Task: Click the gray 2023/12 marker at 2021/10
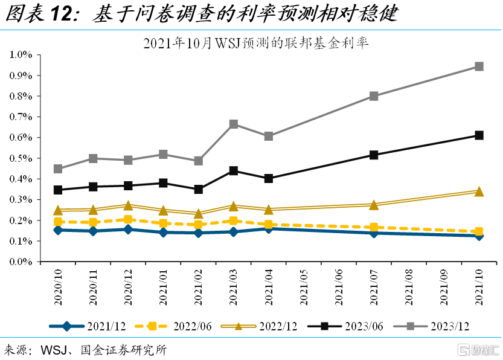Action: (479, 66)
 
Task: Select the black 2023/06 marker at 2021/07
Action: (374, 155)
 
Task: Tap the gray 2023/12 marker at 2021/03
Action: (234, 124)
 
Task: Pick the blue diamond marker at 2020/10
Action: (58, 230)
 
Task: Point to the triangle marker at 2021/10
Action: (479, 191)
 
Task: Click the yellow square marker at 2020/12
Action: (128, 220)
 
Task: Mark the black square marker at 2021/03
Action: (234, 171)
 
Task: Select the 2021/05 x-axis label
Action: (303, 287)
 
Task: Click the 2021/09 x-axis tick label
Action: (444, 287)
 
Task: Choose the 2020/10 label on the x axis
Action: (58, 287)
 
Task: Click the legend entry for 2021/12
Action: (88, 326)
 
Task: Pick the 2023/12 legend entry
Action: (431, 326)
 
